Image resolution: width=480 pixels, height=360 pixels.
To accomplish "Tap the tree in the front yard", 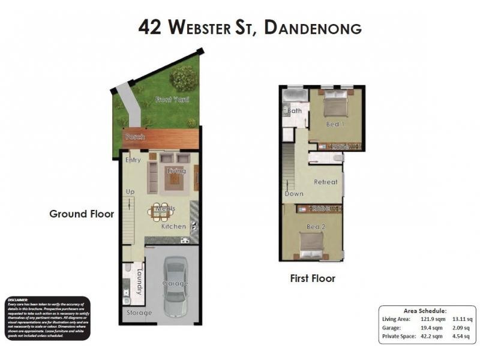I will (x=183, y=78).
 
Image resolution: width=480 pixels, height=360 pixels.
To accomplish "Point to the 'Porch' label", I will (x=134, y=137).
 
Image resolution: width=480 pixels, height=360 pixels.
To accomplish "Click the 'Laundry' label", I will (x=139, y=281).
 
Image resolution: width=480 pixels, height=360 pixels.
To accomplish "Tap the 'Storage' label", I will (x=139, y=313).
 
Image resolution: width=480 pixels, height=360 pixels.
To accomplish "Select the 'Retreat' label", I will (x=326, y=182).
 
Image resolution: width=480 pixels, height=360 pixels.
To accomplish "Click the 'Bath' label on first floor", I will (x=295, y=111).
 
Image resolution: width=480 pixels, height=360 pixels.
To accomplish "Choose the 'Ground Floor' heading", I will (x=82, y=214).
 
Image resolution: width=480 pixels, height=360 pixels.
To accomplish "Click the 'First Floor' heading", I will (x=313, y=278).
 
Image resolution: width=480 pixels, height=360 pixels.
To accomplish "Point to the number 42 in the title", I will (x=149, y=27).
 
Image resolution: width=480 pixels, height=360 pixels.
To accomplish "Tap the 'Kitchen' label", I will (x=174, y=227).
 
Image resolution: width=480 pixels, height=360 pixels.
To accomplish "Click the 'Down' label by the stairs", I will (x=294, y=194).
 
